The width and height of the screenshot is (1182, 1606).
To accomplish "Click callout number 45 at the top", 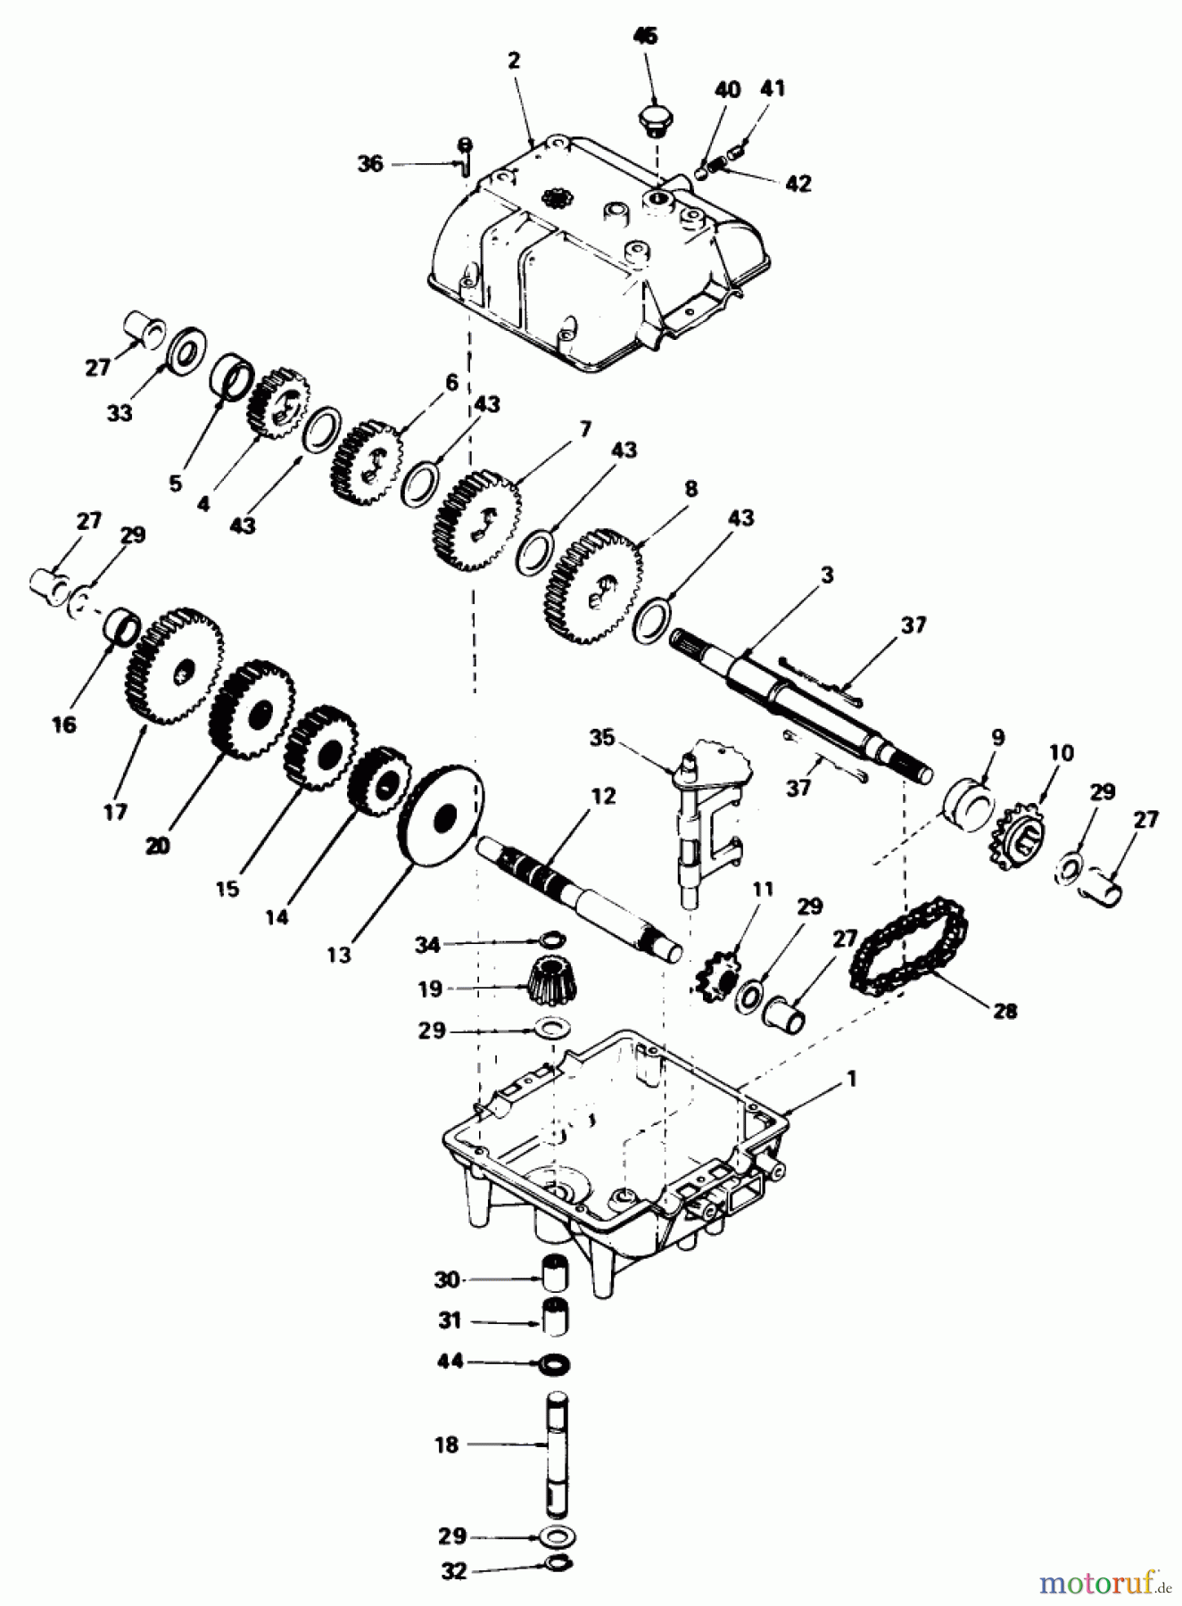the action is click(645, 37).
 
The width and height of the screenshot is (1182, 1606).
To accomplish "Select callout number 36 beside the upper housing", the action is click(370, 164).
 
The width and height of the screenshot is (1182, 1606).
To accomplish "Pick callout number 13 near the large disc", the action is click(339, 954).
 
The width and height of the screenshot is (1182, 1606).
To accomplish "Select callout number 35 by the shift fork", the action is click(603, 738).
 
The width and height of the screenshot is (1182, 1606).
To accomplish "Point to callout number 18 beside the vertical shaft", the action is click(447, 1444).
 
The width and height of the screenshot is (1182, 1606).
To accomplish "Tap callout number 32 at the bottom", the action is click(454, 1571).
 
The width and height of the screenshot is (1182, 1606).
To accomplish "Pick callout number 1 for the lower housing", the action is click(851, 1079).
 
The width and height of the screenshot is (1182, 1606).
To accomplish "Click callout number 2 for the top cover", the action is click(514, 61).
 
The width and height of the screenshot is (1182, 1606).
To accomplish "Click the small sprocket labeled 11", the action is click(713, 977).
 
